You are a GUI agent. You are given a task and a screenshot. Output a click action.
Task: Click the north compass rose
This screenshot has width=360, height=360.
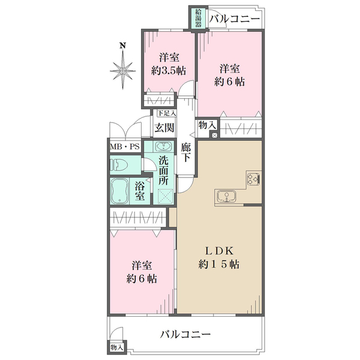(122, 71)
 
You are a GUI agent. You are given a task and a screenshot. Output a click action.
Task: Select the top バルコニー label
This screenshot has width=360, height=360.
(235, 19)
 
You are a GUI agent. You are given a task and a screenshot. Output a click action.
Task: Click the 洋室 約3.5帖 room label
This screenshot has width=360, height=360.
(169, 64)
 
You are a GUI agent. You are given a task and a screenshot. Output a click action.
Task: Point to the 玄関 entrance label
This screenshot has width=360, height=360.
(164, 127)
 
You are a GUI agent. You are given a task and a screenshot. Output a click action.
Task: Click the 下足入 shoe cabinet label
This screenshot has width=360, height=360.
(166, 113)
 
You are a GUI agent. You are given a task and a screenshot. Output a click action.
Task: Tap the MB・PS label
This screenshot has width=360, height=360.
(124, 146)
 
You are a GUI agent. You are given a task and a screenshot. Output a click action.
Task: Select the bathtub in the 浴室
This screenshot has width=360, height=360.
(119, 191)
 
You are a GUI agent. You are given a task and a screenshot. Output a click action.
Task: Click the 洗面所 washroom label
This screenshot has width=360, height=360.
(164, 169)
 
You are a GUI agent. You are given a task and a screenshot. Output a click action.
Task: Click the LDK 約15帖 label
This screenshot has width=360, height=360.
(218, 257)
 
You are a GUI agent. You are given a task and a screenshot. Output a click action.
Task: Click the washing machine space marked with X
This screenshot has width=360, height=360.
(164, 195)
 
